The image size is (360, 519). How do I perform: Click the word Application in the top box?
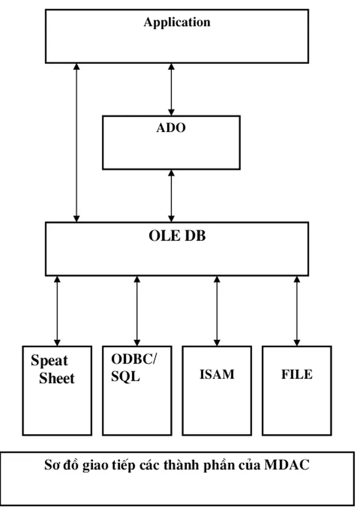pyautogui.click(x=177, y=22)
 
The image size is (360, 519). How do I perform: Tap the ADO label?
pyautogui.click(x=171, y=128)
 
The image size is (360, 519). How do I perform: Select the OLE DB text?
pyautogui.click(x=177, y=236)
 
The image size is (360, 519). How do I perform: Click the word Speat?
pyautogui.click(x=50, y=361)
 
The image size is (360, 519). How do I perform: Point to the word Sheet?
pyautogui.click(x=57, y=378)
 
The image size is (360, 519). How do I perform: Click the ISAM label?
pyautogui.click(x=217, y=374)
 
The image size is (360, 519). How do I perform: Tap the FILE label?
pyautogui.click(x=297, y=374)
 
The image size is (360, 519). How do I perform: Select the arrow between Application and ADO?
pyautogui.click(x=171, y=89)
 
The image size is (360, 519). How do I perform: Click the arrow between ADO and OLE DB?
pyautogui.click(x=171, y=196)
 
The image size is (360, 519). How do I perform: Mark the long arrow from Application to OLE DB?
pyautogui.click(x=76, y=142)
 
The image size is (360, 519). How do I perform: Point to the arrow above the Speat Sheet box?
pyautogui.click(x=57, y=311)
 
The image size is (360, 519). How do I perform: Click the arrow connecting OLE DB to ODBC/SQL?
pyautogui.click(x=137, y=311)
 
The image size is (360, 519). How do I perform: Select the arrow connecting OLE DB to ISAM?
pyautogui.click(x=216, y=311)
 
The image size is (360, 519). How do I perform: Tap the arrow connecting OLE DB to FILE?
pyautogui.click(x=296, y=311)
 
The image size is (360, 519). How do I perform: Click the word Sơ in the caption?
pyautogui.click(x=51, y=465)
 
